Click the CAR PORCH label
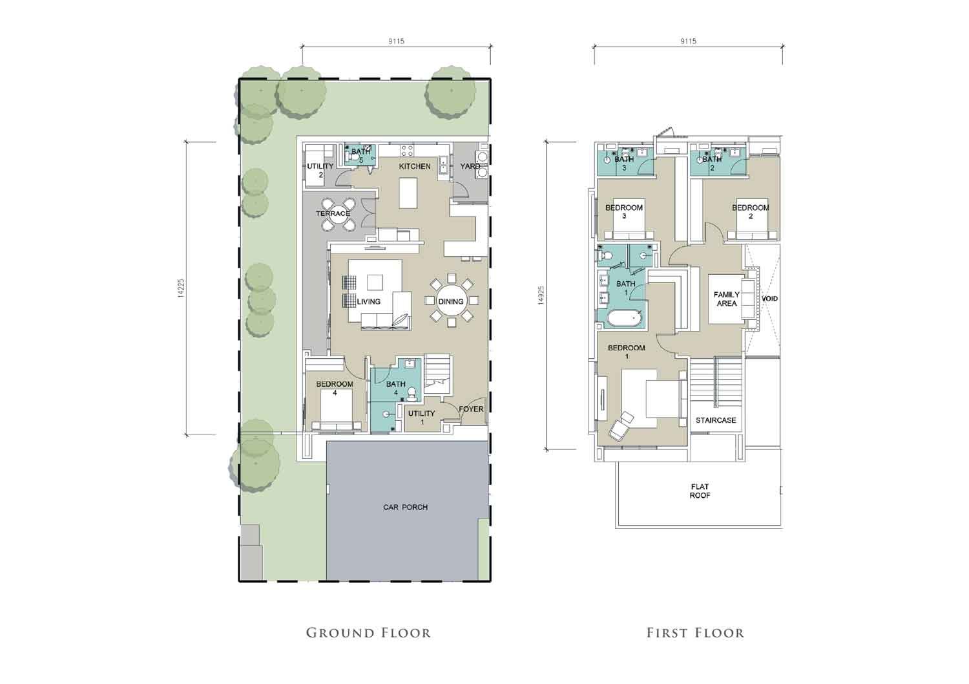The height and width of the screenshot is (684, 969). [x=405, y=507]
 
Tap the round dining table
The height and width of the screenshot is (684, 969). [x=451, y=301]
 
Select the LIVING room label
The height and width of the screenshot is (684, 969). [x=369, y=301]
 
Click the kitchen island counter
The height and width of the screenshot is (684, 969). [x=408, y=193]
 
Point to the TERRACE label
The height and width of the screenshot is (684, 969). [x=333, y=213]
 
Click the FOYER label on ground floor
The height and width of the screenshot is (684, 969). [x=471, y=409]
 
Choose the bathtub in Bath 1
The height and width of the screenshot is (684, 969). [x=624, y=320]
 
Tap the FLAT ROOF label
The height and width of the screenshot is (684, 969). [x=700, y=491]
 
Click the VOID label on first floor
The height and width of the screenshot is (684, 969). [x=769, y=299]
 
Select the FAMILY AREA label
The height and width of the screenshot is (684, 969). [x=727, y=299]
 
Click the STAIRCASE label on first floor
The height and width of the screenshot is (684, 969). [x=716, y=420]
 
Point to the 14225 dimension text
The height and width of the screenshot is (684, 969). [x=181, y=288]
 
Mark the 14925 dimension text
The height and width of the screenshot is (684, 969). [x=541, y=295]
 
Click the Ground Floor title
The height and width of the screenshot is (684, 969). [x=369, y=633]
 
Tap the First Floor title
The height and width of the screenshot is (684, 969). [x=695, y=633]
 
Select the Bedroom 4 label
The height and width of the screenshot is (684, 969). [x=335, y=389]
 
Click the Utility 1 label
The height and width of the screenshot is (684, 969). [x=421, y=418]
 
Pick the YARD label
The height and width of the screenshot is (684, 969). [x=470, y=166]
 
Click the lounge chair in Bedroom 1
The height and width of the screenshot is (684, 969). [x=621, y=425]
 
